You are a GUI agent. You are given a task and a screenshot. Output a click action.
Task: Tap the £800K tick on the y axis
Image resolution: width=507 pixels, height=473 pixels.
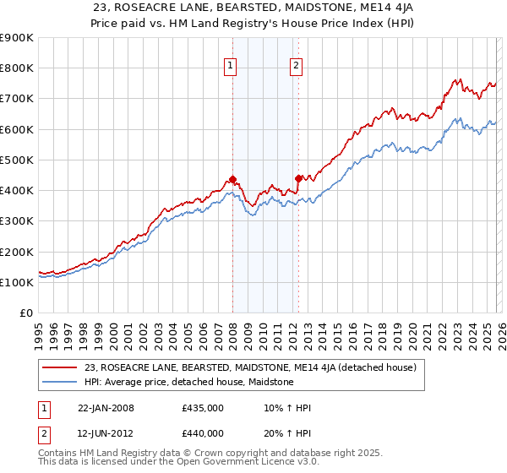(x=16, y=68)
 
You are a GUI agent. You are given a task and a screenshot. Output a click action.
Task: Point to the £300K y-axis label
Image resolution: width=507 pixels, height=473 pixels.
(x=16, y=221)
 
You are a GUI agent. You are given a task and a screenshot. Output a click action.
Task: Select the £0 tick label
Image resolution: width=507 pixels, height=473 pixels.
(x=25, y=313)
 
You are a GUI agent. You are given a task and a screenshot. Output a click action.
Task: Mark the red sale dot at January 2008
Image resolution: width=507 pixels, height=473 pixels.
(x=232, y=180)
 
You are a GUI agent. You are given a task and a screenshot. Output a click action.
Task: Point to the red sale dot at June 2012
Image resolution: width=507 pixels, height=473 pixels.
(x=298, y=178)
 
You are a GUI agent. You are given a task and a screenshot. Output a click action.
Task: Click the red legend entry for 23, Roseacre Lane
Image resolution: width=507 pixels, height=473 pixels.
(x=250, y=368)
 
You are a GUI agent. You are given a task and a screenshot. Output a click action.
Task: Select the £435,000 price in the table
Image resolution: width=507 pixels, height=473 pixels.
(x=203, y=408)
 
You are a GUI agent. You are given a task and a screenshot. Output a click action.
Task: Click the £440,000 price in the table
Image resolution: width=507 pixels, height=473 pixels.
(x=203, y=433)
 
